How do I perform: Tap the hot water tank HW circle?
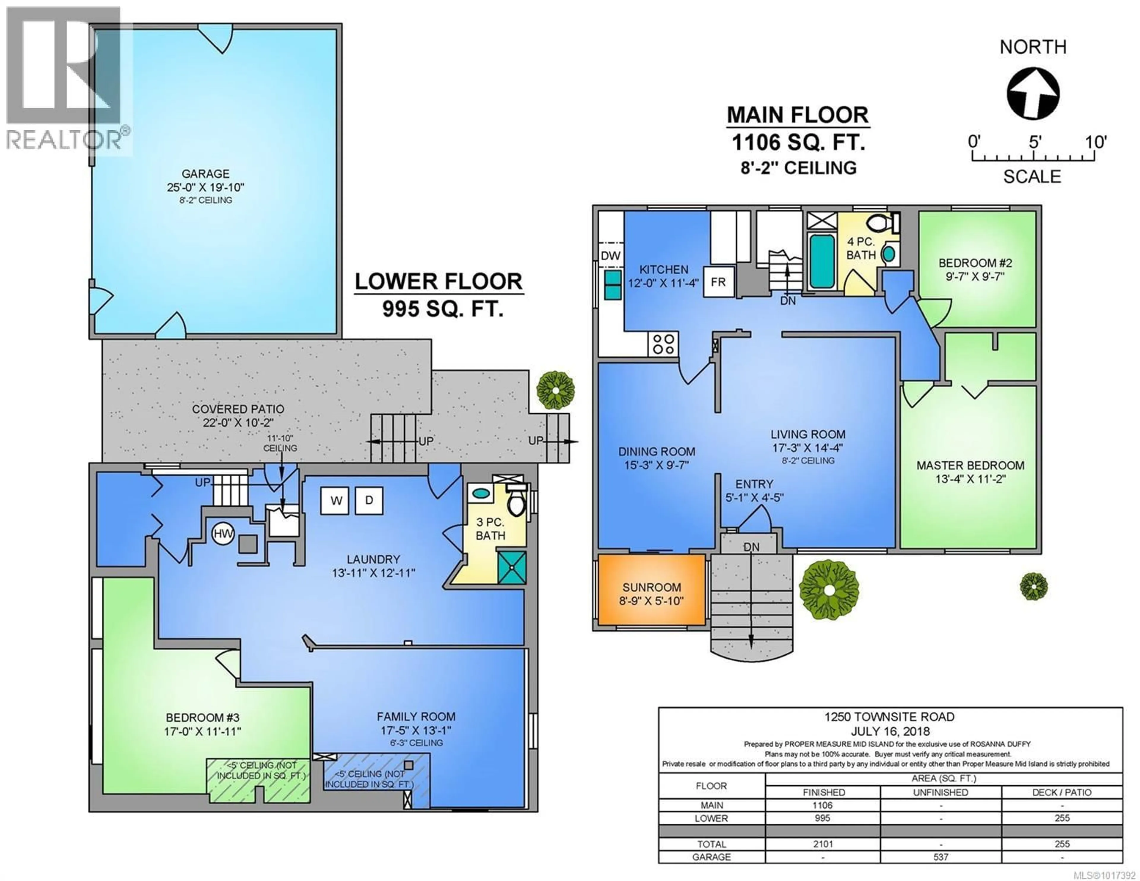(223, 533)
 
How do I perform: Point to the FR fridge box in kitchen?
(718, 282)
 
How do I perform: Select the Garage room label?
(205, 173)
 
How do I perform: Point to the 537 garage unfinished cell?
(940, 857)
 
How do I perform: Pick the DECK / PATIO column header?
(1061, 792)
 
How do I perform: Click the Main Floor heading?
(798, 115)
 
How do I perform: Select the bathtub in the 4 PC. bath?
(821, 261)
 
